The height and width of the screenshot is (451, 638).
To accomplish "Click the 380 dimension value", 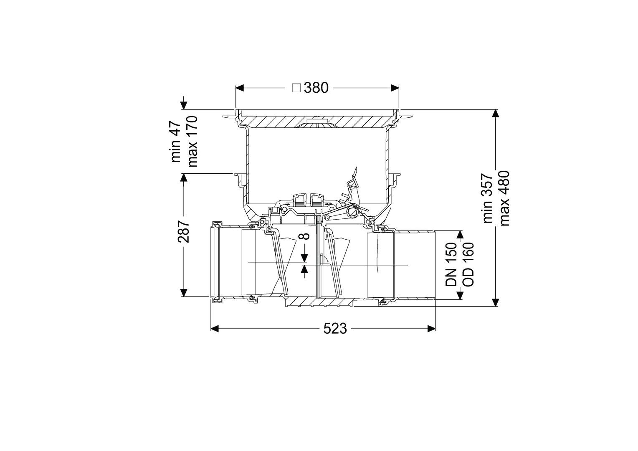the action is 316,88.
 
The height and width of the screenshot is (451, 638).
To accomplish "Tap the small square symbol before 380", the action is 296,88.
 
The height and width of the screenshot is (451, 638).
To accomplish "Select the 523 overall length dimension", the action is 335,329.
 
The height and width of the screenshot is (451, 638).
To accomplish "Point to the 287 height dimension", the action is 184,231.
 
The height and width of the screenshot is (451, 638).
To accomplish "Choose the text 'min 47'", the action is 176,142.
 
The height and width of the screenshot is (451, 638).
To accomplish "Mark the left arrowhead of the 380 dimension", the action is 240,88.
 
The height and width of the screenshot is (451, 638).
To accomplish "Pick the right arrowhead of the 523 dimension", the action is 431,329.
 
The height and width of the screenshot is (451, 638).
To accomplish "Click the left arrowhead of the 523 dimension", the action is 215,329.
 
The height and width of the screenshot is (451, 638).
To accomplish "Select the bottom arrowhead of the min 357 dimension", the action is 496,302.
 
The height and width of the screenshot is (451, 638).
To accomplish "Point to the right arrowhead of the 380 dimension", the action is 395,88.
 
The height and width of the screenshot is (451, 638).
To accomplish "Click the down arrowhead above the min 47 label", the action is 184,105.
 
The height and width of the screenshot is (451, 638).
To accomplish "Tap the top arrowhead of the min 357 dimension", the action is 496,114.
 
